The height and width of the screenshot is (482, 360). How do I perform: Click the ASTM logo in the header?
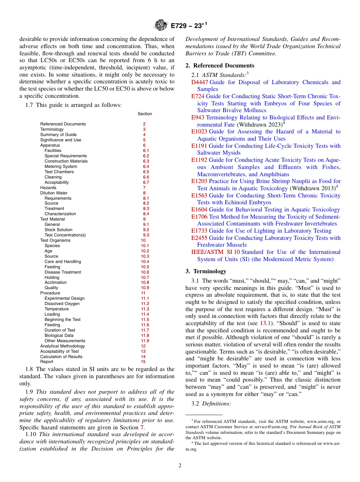click(161, 26)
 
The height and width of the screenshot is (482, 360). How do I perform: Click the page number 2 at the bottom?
click(180, 465)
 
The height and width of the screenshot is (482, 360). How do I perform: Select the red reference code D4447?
click(199, 82)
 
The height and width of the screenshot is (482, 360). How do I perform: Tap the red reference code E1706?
click(199, 217)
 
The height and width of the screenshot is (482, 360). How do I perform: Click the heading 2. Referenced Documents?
click(220, 66)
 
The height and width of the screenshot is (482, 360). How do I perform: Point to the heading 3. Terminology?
click(206, 271)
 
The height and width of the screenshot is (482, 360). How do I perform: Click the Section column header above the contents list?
click(145, 114)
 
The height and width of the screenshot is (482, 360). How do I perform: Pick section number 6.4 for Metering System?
click(146, 166)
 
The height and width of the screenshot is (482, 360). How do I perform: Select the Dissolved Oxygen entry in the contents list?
click(62, 304)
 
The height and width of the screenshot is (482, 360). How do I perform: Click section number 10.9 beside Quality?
click(145, 288)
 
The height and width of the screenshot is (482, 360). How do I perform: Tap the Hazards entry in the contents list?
click(48, 188)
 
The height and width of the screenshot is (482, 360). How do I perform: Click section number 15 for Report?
click(143, 361)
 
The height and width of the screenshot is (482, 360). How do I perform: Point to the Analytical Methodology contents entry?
click(63, 346)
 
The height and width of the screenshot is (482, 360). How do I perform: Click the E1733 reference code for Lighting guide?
click(199, 231)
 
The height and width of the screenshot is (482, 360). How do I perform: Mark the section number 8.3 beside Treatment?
click(146, 208)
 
